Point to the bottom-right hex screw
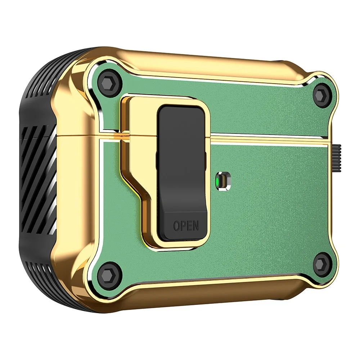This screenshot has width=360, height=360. tap(321, 262)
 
